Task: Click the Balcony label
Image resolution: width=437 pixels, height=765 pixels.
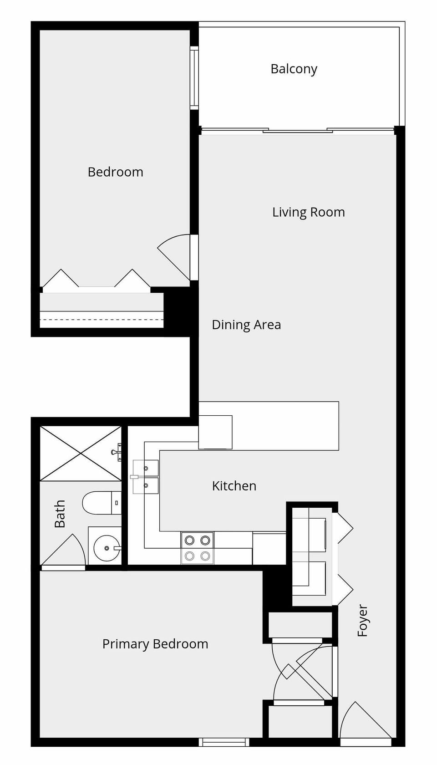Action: pyautogui.click(x=294, y=69)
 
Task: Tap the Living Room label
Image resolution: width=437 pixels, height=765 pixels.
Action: pyautogui.click(x=308, y=212)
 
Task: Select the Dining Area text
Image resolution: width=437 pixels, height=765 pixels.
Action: pyautogui.click(x=246, y=325)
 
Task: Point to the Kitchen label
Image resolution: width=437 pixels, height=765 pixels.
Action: pyautogui.click(x=234, y=485)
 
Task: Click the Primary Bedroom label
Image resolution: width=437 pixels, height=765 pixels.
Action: pyautogui.click(x=155, y=644)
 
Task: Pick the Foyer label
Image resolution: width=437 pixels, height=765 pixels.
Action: pyautogui.click(x=362, y=621)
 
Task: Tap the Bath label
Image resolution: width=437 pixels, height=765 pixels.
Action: pyautogui.click(x=60, y=514)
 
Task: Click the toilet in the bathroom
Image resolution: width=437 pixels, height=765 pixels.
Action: pyautogui.click(x=102, y=503)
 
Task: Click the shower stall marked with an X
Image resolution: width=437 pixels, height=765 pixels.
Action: pyautogui.click(x=81, y=454)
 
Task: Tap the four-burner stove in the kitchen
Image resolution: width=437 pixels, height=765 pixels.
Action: pyautogui.click(x=198, y=548)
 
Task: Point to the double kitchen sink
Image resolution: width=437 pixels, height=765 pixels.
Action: pyautogui.click(x=146, y=477)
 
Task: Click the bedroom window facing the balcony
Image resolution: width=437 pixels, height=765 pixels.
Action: pyautogui.click(x=194, y=77)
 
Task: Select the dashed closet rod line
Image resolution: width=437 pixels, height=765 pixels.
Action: pyautogui.click(x=102, y=319)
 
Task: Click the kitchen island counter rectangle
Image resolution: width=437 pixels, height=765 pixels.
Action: pyautogui.click(x=269, y=425)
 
